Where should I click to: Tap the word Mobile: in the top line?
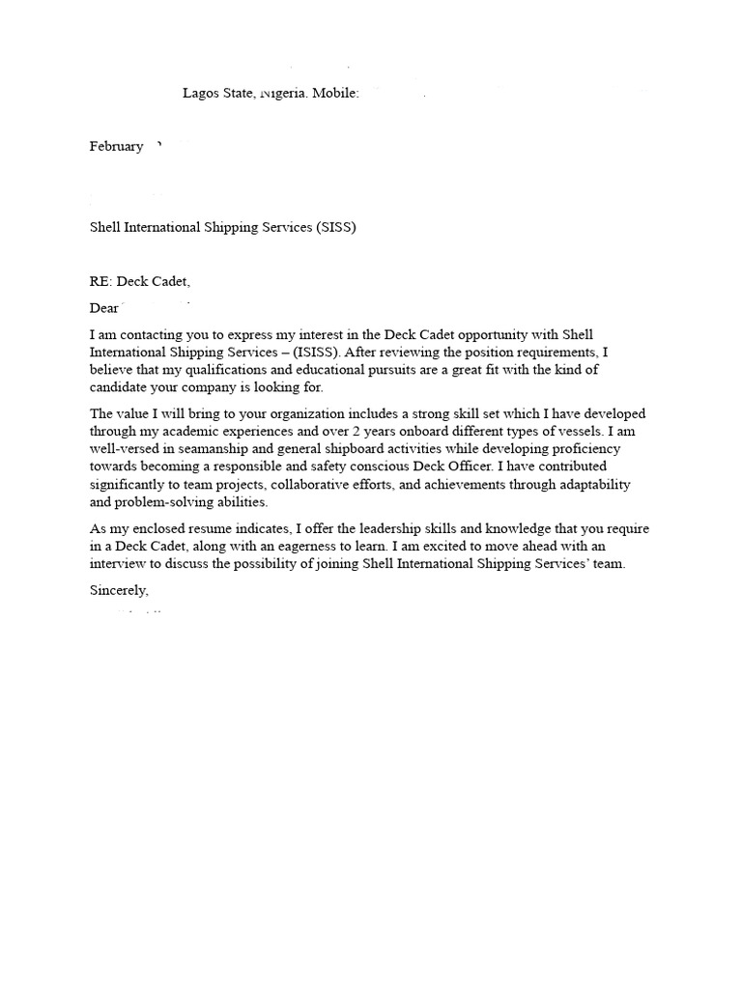click(x=334, y=94)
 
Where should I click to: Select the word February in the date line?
click(x=116, y=147)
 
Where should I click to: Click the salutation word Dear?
click(x=104, y=309)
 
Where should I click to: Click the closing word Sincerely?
click(x=120, y=590)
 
